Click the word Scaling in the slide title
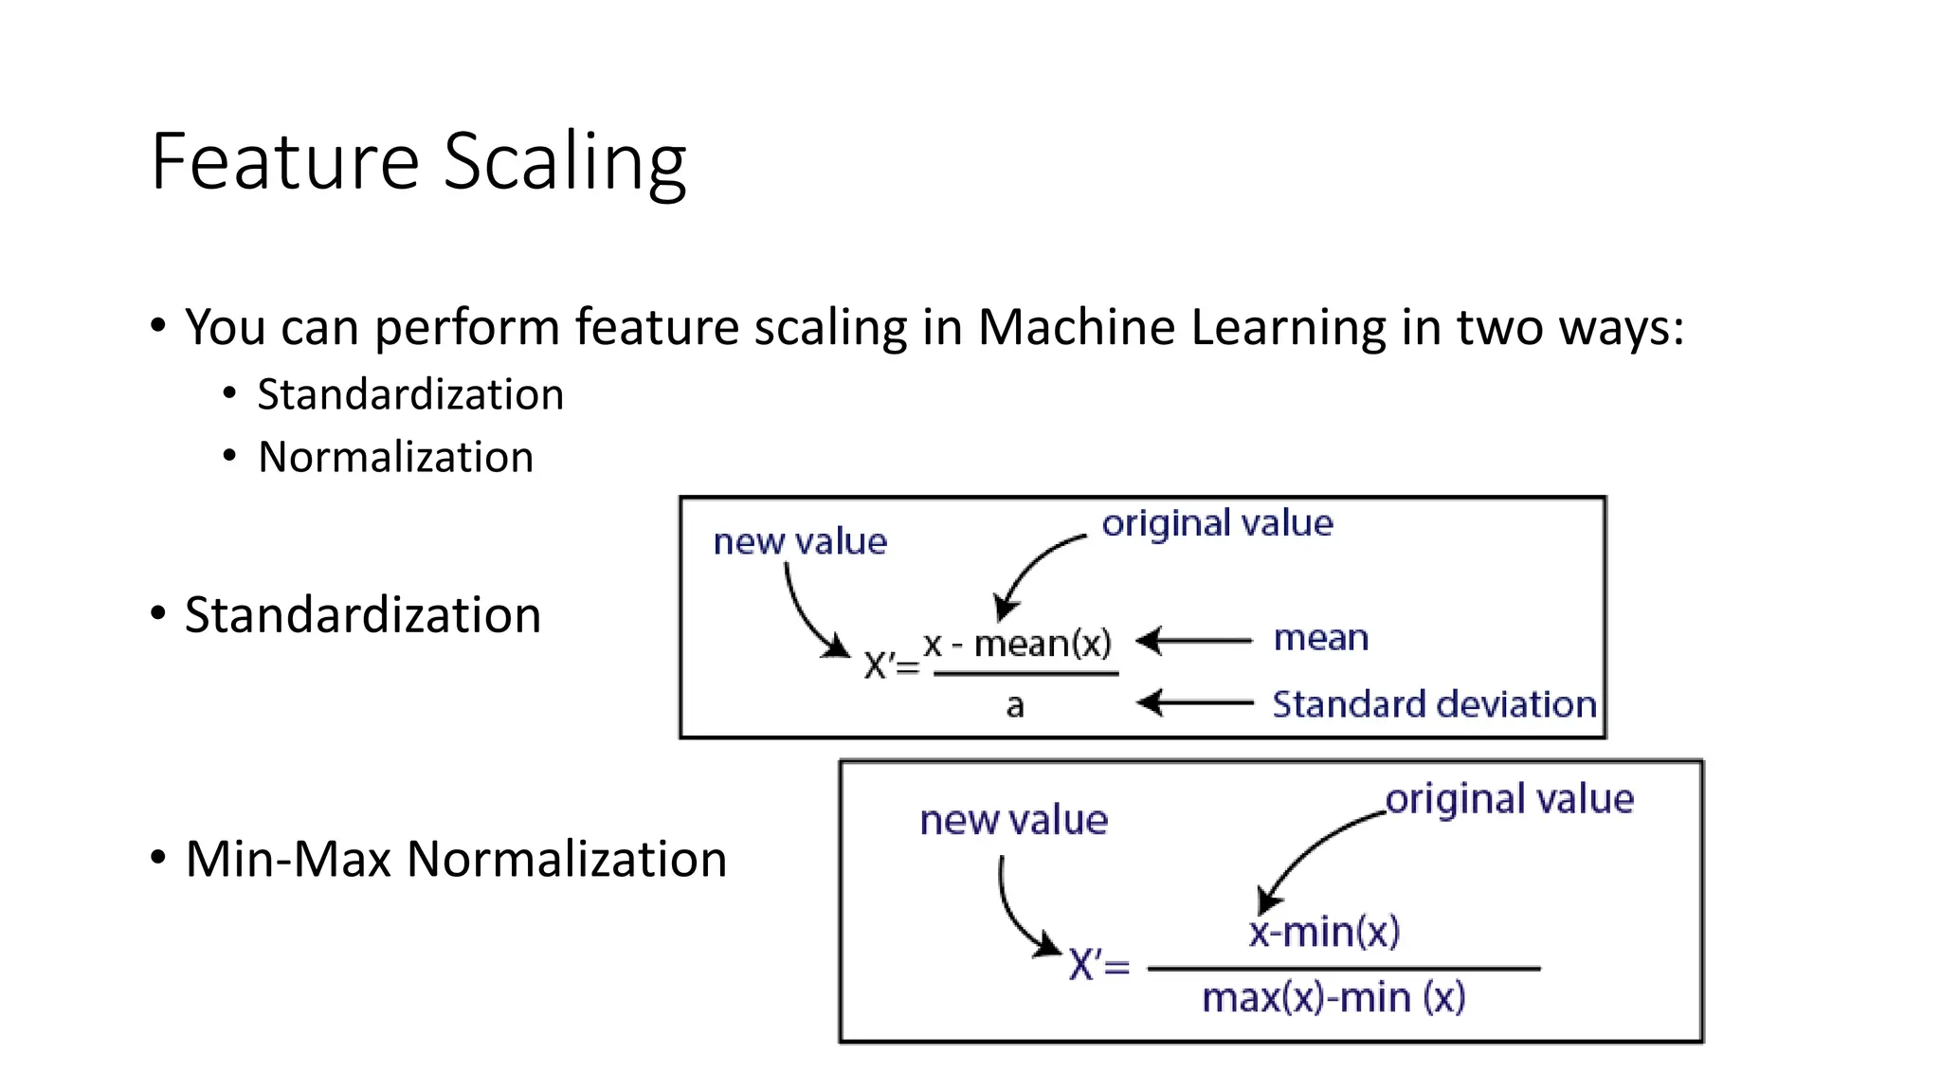pos(565,163)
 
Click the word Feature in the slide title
pos(284,163)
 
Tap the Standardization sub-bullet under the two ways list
pos(410,394)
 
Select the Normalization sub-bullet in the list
pos(395,457)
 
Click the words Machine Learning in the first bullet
pos(1182,327)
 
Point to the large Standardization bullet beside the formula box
pos(362,615)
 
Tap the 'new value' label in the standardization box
pos(800,541)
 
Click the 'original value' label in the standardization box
pos(1217,523)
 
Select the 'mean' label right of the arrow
pos(1321,638)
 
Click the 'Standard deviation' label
pos(1434,704)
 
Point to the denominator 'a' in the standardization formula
pos(1015,705)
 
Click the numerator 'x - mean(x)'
pos(1017,644)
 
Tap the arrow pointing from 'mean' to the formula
pos(1194,641)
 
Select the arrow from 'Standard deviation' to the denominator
pos(1194,702)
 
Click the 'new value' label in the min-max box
pos(1013,820)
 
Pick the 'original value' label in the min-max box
pos(1510,799)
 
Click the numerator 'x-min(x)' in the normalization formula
pos(1324,932)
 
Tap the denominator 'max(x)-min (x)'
pos(1333,998)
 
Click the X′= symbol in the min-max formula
pos(1098,966)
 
